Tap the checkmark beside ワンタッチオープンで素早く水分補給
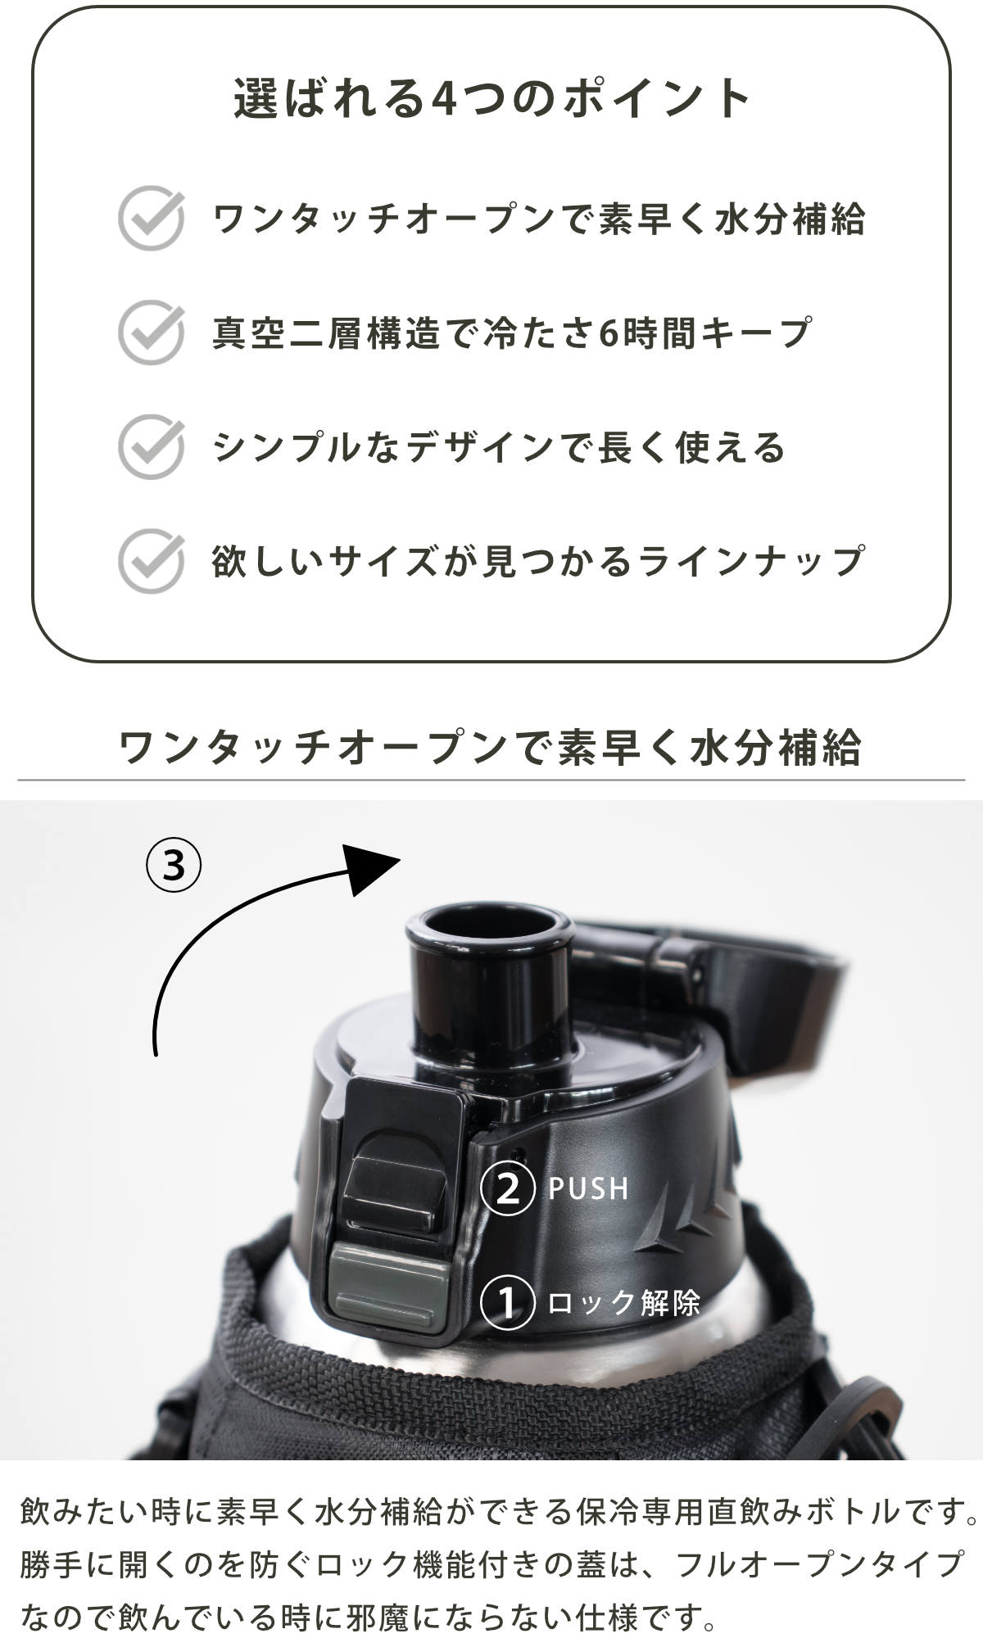click(152, 218)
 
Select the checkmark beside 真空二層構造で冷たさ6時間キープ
click(152, 332)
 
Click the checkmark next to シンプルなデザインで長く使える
click(152, 446)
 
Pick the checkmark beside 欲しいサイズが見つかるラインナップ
click(152, 561)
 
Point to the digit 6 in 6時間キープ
click(609, 333)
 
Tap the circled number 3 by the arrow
click(174, 865)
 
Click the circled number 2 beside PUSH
click(508, 1188)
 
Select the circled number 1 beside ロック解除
click(508, 1303)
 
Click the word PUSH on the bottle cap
click(588, 1188)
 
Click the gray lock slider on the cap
click(389, 1287)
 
